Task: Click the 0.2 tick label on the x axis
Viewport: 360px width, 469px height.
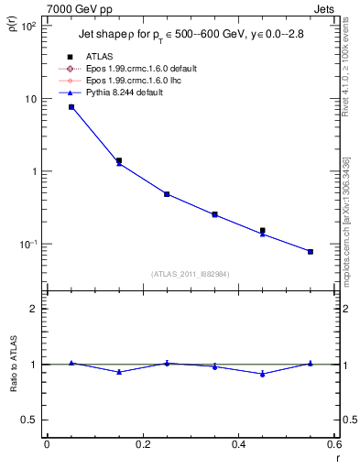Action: [142, 446]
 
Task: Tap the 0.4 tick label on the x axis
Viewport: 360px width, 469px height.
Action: [238, 446]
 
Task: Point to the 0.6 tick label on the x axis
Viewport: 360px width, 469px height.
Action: [333, 446]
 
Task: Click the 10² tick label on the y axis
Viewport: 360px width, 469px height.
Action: [28, 26]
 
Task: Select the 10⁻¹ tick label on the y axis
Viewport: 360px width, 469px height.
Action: [27, 245]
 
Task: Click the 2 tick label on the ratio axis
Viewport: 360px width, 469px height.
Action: [34, 309]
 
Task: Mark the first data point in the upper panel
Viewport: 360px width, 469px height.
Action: [71, 107]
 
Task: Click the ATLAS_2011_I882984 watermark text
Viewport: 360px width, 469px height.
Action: [191, 275]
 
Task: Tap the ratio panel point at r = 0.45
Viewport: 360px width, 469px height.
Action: [263, 374]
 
